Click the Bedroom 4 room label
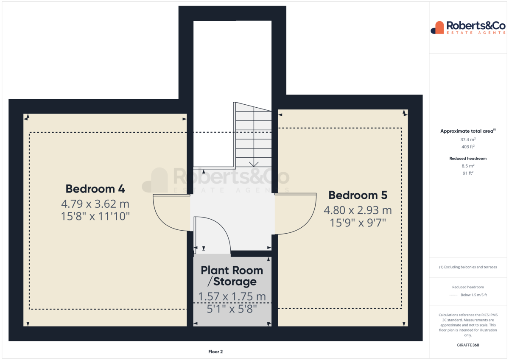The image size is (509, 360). point(95,189)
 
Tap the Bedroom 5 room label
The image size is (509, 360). point(358,195)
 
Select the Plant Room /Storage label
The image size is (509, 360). point(232,276)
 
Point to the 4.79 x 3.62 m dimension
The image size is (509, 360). point(95,204)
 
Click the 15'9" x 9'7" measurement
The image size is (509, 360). point(358,223)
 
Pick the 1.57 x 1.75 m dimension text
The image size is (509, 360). point(232,296)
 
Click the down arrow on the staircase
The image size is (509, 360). point(254,164)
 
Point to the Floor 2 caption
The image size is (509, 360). point(215,352)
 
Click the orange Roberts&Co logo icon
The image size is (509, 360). point(437,28)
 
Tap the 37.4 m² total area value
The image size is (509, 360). point(468,140)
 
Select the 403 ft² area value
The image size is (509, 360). point(468,147)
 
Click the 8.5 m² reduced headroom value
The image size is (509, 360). point(468,166)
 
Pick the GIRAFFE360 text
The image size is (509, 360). point(468,345)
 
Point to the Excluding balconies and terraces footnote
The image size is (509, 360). point(468,267)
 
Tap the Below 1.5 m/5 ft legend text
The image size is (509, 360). point(474,295)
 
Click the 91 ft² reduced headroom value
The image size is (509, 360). point(468,173)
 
